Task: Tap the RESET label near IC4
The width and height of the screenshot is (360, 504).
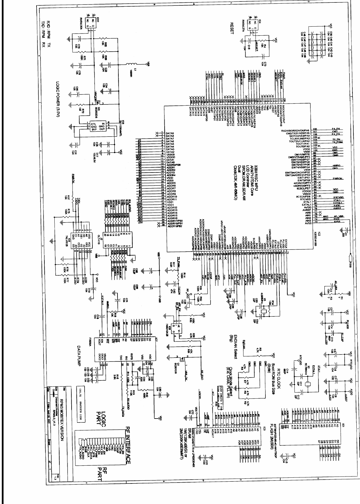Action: (232, 28)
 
